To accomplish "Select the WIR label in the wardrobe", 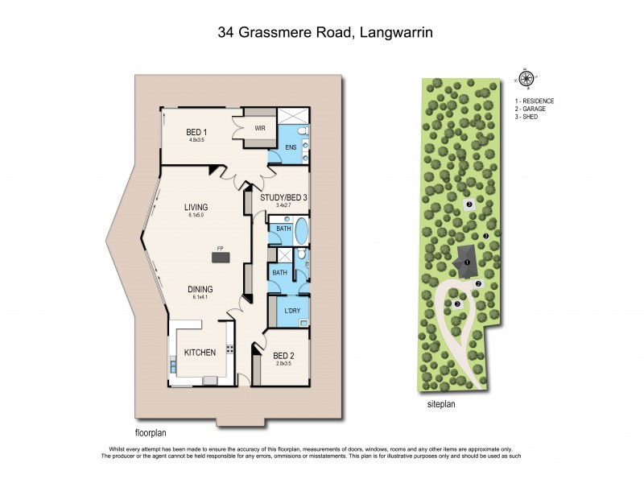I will pyautogui.click(x=260, y=128).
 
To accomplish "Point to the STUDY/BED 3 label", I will pyautogui.click(x=284, y=196).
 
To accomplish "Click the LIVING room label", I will pyautogui.click(x=196, y=207).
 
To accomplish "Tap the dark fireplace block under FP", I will pyautogui.click(x=220, y=258).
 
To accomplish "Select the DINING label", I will pyautogui.click(x=200, y=289).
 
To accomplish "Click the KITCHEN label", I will pyautogui.click(x=200, y=353).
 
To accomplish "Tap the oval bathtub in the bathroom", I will pyautogui.click(x=302, y=232).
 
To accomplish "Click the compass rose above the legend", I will pyautogui.click(x=526, y=78).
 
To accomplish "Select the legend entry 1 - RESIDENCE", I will pyautogui.click(x=535, y=101).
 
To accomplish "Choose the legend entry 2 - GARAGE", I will pyautogui.click(x=532, y=109).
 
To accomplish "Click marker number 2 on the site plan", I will pyautogui.click(x=477, y=283).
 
